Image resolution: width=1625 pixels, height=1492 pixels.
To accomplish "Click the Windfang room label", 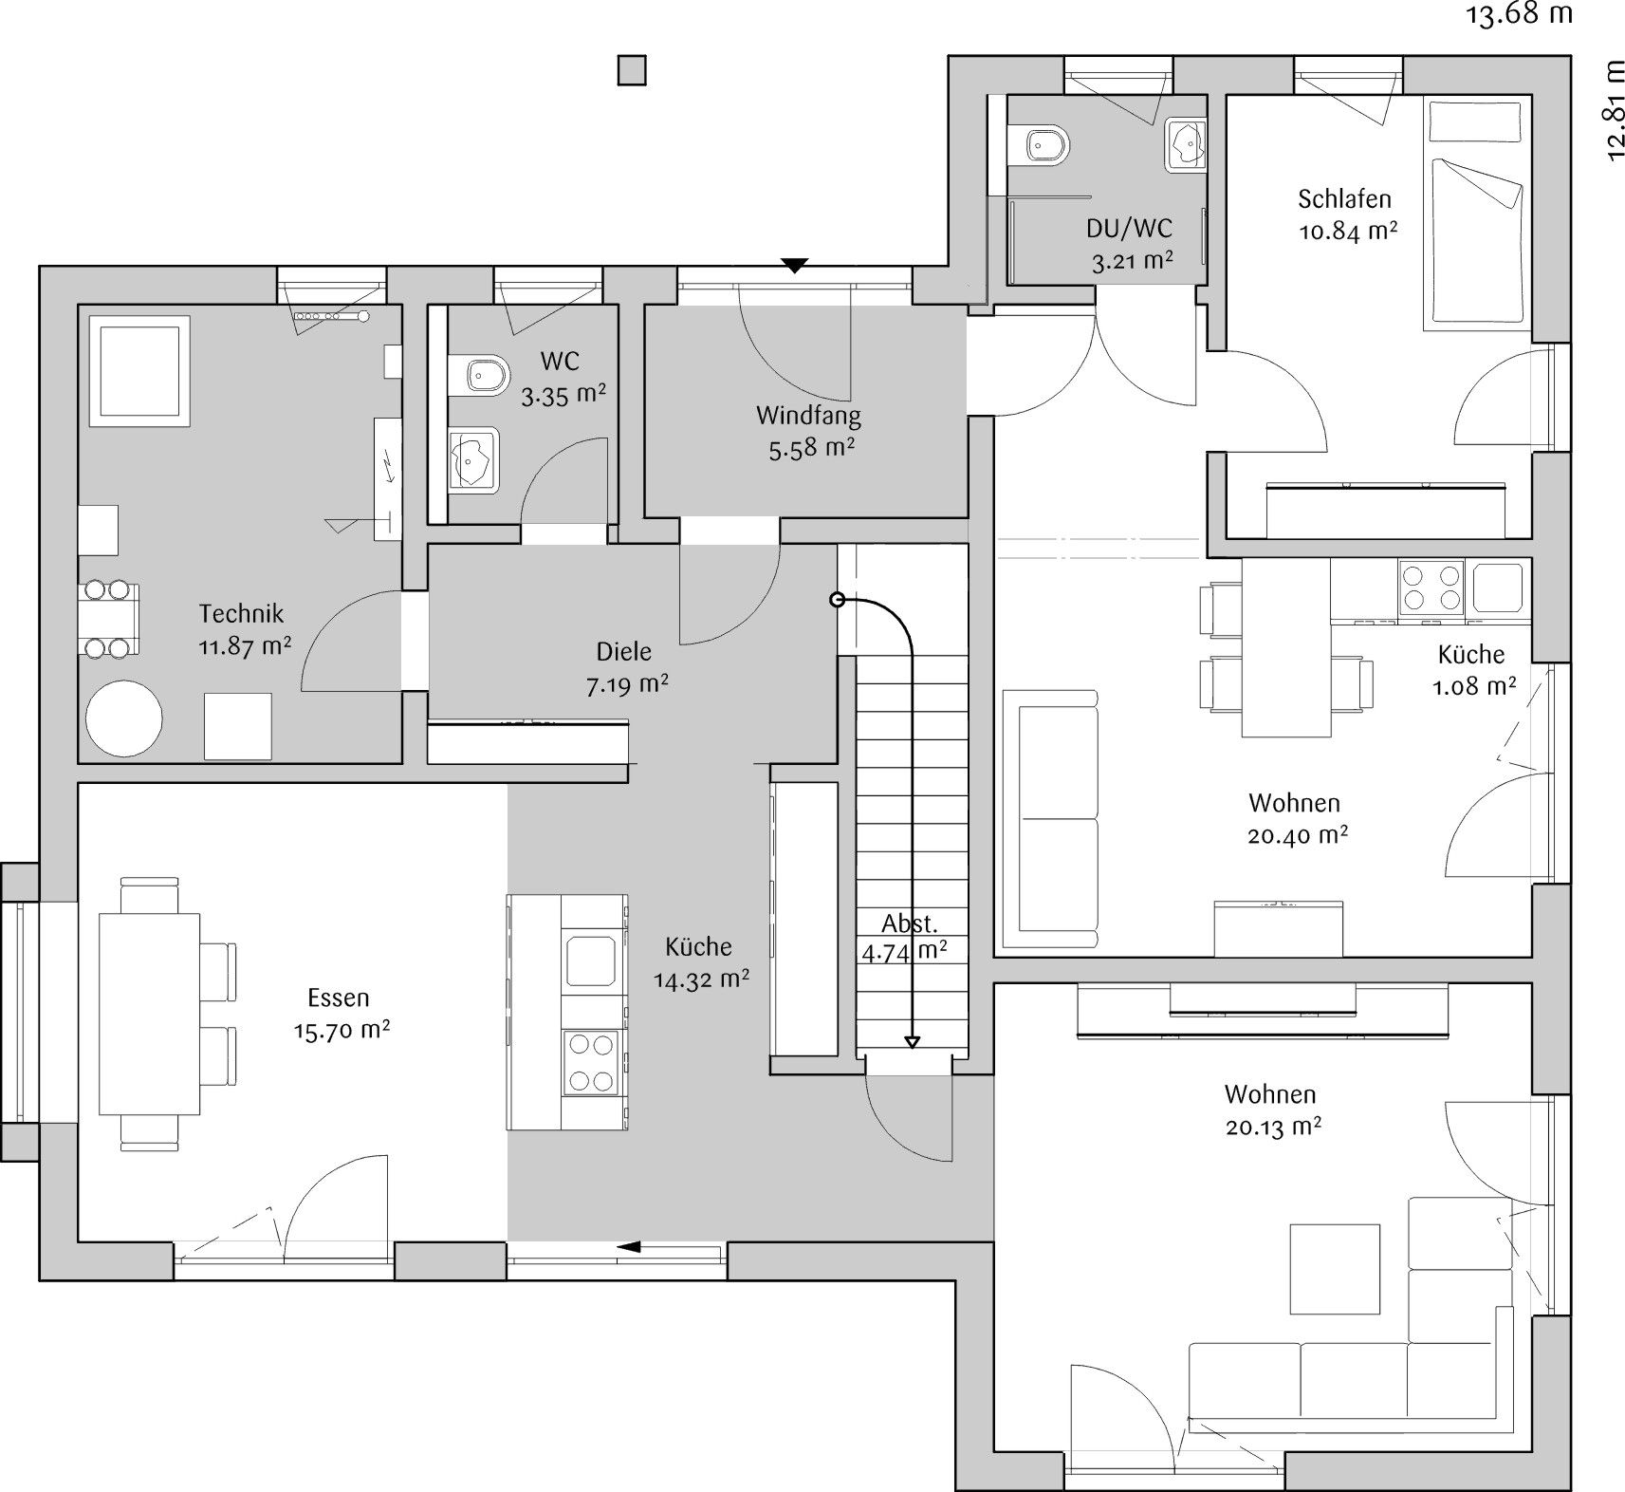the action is tap(808, 416).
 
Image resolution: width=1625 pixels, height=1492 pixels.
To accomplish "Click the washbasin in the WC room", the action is tap(473, 460).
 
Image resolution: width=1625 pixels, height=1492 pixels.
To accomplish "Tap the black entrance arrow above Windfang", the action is tap(794, 266).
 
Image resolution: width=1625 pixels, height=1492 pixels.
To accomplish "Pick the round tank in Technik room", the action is tap(124, 718).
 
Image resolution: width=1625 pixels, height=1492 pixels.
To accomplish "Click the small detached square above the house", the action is tap(632, 71).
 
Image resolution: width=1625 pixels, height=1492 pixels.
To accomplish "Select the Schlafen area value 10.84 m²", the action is tap(1347, 231).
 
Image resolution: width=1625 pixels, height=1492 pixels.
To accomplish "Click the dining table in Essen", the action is tap(150, 1014).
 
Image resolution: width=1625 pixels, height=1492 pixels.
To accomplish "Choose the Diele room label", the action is tap(623, 652).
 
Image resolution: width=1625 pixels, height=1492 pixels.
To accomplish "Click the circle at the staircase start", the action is tap(837, 600).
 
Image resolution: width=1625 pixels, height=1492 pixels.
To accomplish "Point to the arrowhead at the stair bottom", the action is tap(912, 1042).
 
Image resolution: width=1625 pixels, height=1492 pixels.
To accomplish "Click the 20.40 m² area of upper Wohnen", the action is tap(1299, 835).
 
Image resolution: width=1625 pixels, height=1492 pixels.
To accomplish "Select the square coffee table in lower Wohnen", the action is tap(1334, 1269).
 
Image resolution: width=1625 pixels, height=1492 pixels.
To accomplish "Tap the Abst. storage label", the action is tap(910, 923).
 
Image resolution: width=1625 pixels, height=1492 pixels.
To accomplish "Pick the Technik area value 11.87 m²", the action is tap(245, 646).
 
